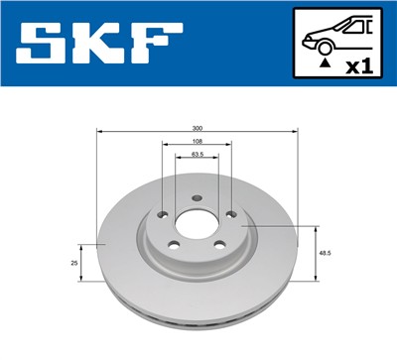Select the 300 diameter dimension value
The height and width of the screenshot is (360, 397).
coord(198,128)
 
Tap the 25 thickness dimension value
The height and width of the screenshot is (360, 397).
coord(73,263)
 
